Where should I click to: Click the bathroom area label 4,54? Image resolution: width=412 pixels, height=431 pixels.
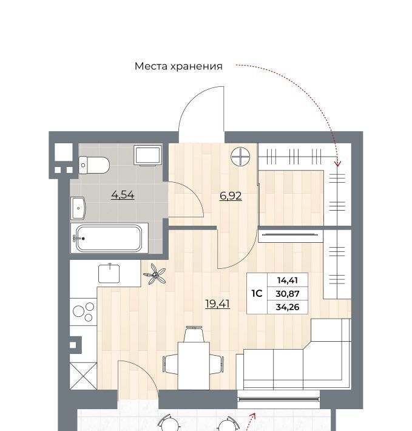click(123, 195)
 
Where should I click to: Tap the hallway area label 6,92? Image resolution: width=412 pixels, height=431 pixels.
click(231, 196)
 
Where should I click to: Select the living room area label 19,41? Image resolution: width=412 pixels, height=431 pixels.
click(218, 304)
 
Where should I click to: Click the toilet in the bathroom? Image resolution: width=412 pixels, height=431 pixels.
click(94, 165)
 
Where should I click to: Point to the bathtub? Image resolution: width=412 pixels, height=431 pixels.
click(109, 238)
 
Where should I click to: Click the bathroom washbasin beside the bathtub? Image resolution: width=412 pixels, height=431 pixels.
click(78, 208)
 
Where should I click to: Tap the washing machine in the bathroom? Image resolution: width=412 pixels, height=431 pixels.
click(148, 155)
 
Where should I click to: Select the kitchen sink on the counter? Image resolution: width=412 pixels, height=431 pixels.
click(109, 274)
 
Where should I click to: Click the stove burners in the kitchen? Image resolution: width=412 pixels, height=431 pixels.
click(83, 312)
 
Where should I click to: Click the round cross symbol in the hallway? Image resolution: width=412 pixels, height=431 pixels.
click(240, 157)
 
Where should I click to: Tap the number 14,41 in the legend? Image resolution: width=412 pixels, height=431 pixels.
click(288, 280)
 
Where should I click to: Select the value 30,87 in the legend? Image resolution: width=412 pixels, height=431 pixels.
click(288, 294)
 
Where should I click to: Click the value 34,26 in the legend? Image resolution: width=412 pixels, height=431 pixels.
click(288, 307)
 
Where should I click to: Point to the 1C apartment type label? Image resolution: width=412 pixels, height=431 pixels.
click(257, 294)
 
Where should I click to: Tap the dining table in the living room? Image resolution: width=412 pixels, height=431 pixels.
click(194, 365)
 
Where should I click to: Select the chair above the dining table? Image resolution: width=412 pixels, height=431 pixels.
click(194, 334)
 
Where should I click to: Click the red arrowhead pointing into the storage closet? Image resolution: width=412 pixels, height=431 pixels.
click(337, 163)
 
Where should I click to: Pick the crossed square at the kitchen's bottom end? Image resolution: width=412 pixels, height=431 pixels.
click(83, 376)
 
